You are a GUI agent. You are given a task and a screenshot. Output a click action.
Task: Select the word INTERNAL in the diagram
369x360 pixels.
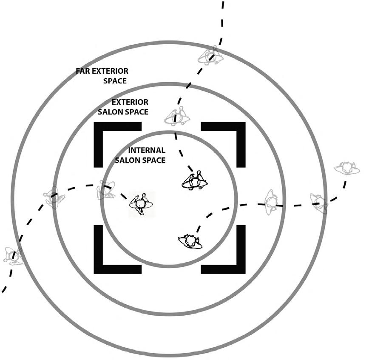[147, 151]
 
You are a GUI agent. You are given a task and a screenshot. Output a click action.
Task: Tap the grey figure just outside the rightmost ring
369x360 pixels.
[347, 168]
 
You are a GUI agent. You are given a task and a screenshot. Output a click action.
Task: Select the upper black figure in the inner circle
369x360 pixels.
[195, 182]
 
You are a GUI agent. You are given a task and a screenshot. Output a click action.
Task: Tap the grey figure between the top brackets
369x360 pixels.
[176, 117]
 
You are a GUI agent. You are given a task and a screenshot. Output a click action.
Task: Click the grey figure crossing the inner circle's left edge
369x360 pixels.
[105, 190]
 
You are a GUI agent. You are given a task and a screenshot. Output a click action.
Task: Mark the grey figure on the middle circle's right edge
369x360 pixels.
[271, 202]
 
